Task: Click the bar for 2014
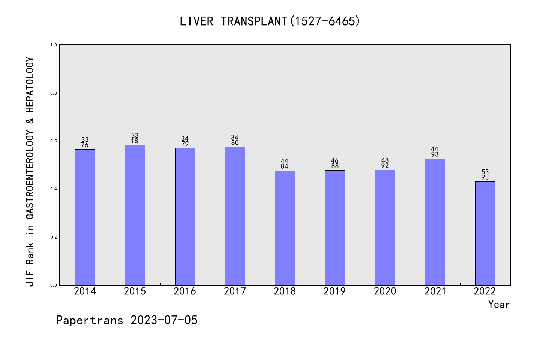pos(85,217)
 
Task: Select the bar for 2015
pos(135,215)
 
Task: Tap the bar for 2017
pos(235,216)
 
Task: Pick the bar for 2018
pos(285,228)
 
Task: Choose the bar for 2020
pos(385,228)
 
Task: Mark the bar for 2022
pos(485,233)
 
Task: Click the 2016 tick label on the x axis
pos(185,291)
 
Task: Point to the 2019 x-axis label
pos(335,291)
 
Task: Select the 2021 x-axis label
pos(435,291)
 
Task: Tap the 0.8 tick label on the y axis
pos(54,93)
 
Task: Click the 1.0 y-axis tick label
pos(54,45)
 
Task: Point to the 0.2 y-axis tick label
pos(54,237)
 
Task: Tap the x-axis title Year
pos(499,304)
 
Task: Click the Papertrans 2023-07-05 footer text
pos(127,320)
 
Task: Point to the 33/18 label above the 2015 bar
pos(135,138)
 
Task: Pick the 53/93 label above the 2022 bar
pos(485,175)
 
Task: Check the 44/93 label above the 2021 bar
pos(435,152)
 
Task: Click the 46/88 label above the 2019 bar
pos(335,163)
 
